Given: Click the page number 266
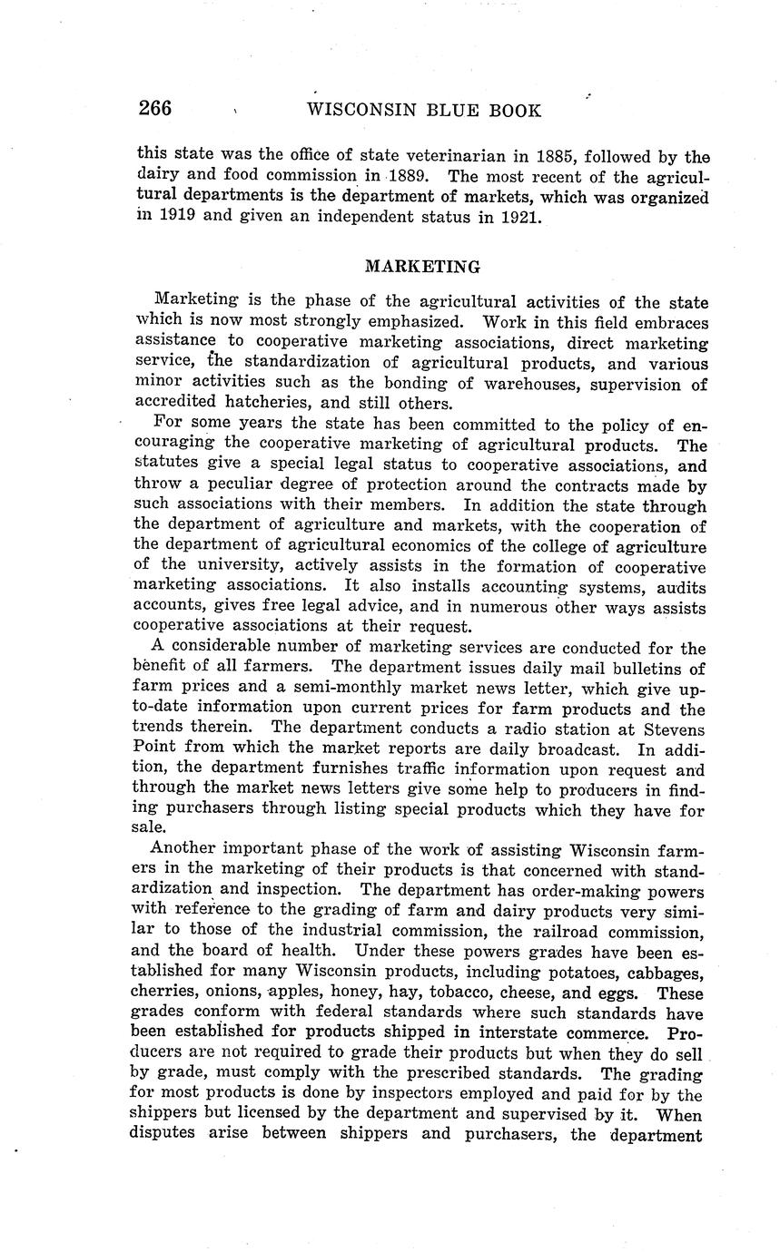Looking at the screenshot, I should click(154, 109).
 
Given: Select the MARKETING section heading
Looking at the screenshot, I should click(421, 267).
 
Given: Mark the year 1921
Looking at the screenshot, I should click(522, 217).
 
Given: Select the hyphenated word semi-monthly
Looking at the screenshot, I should click(327, 688).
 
